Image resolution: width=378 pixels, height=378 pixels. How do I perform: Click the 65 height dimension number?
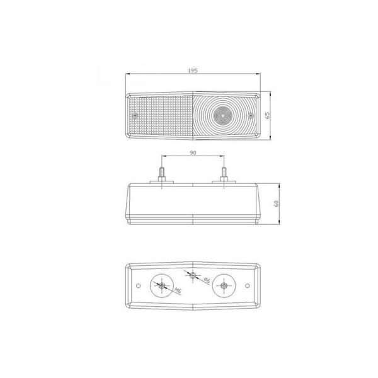pyautogui.click(x=268, y=115)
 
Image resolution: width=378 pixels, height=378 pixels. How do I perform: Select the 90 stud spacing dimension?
pyautogui.click(x=193, y=152)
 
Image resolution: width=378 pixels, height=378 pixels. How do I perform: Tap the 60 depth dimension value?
pyautogui.click(x=276, y=203)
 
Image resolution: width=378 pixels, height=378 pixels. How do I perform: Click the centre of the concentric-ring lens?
pyautogui.click(x=221, y=115)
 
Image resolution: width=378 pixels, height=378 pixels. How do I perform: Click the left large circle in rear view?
pyautogui.click(x=163, y=287)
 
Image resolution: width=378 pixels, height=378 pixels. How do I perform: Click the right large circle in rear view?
pyautogui.click(x=223, y=287)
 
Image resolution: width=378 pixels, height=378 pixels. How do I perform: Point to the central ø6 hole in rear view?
pyautogui.click(x=193, y=276)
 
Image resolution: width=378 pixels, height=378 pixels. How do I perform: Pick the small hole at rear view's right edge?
pyautogui.click(x=251, y=287)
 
